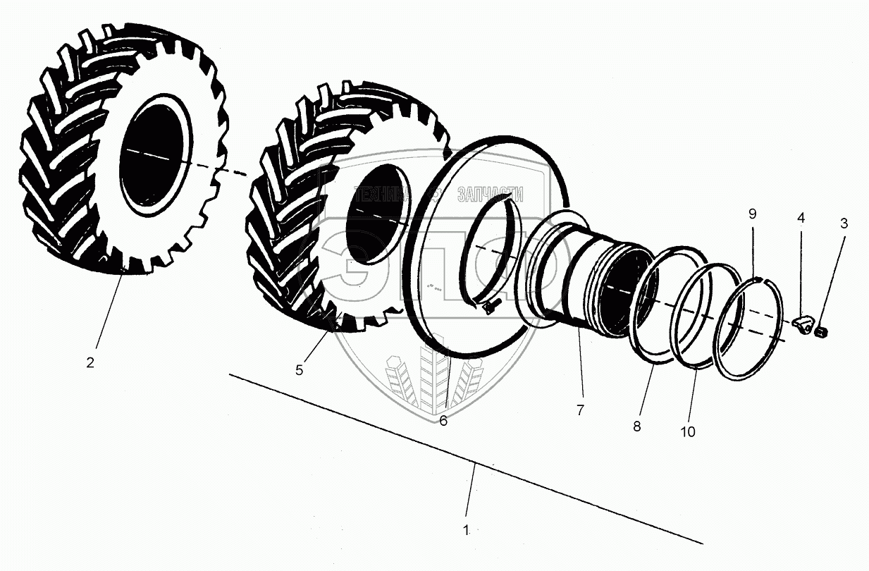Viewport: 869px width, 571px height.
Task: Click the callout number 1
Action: (x=466, y=530)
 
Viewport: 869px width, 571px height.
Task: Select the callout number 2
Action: (x=90, y=363)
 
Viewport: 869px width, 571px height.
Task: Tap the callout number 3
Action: (x=844, y=224)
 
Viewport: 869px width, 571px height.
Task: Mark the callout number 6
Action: (x=443, y=421)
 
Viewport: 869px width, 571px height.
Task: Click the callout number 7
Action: (x=580, y=410)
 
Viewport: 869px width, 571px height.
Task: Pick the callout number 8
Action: (x=637, y=426)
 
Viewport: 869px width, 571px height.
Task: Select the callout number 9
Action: (x=753, y=213)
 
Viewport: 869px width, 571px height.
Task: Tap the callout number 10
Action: (x=688, y=431)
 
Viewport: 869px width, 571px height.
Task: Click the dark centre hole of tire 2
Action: (x=155, y=155)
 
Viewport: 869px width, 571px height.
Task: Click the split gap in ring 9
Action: (x=755, y=279)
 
